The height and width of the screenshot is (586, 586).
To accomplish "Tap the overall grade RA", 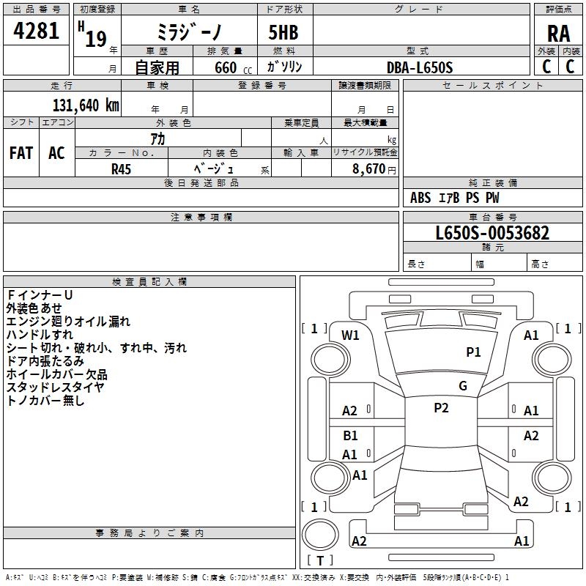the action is click(558, 33).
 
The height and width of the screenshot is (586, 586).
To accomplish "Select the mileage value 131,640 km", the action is click(85, 105).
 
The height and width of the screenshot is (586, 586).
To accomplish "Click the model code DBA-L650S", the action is click(420, 67).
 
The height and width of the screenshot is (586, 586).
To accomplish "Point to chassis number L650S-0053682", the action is click(492, 233).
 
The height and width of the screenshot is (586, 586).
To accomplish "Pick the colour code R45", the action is click(121, 168).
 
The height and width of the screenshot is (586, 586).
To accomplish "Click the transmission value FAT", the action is click(21, 153).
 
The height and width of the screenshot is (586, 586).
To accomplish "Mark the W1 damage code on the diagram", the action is click(351, 335).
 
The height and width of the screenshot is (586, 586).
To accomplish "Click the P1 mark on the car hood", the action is click(474, 352).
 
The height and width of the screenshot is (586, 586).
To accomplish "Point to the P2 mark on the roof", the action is click(441, 408).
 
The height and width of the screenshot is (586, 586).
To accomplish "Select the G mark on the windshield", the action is click(463, 386).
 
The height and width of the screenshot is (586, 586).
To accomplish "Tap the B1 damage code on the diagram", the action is click(351, 436).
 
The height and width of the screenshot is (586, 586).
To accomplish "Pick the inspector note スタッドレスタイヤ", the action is click(55, 387).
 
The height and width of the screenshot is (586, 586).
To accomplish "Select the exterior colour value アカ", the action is click(157, 138).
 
